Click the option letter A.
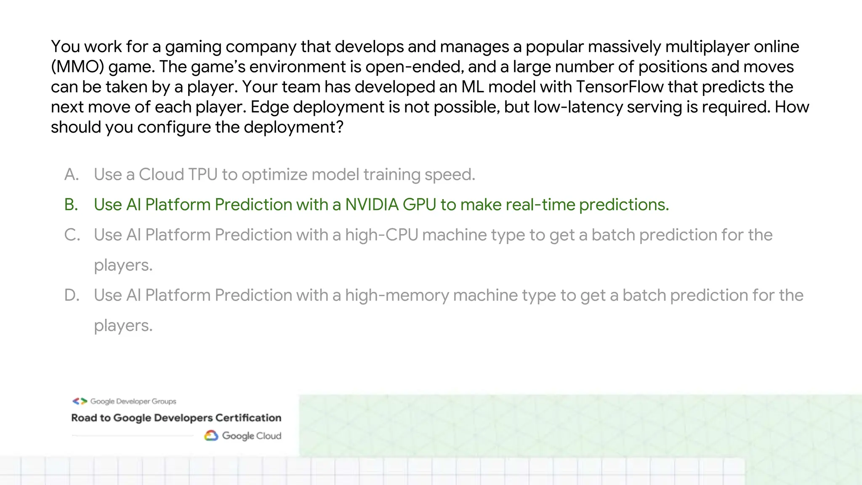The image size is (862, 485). pos(72,174)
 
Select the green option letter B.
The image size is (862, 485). pos(71,205)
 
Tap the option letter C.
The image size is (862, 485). pos(72,235)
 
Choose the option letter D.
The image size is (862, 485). pos(72,295)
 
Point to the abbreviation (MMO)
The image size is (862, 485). pos(77,67)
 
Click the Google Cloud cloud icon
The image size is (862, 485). pos(211,436)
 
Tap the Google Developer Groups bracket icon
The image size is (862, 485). pos(80,401)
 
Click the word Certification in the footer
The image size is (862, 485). pos(248,418)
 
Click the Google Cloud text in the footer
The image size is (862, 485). pos(251,436)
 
